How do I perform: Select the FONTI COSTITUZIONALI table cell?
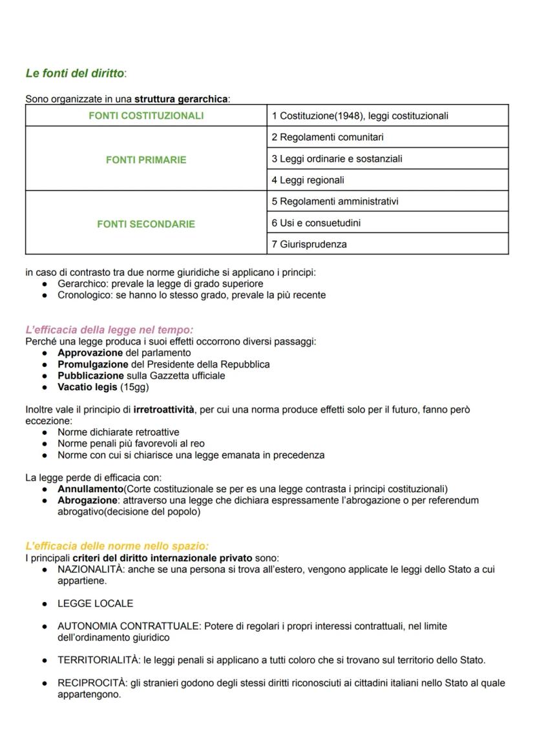(145, 116)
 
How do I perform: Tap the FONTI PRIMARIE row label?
(145, 160)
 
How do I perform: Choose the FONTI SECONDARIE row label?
(145, 224)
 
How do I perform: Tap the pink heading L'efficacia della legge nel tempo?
(109, 330)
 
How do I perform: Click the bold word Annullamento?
(91, 489)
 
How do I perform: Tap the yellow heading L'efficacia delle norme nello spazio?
(117, 546)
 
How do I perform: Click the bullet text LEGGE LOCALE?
(95, 603)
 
